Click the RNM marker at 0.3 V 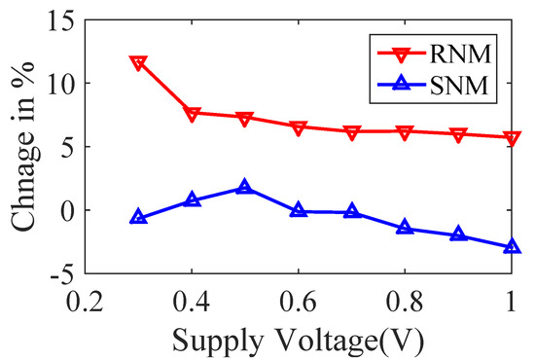(x=138, y=63)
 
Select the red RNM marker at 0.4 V (x=192, y=114)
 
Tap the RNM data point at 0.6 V (x=299, y=127)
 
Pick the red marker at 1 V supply (x=512, y=138)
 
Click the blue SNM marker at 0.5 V (x=245, y=187)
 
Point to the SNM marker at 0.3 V (x=138, y=217)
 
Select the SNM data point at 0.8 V (x=405, y=228)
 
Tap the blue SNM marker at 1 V (x=512, y=247)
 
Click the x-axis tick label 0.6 (x=299, y=300)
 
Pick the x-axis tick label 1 (x=512, y=300)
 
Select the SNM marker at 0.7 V (x=352, y=211)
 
